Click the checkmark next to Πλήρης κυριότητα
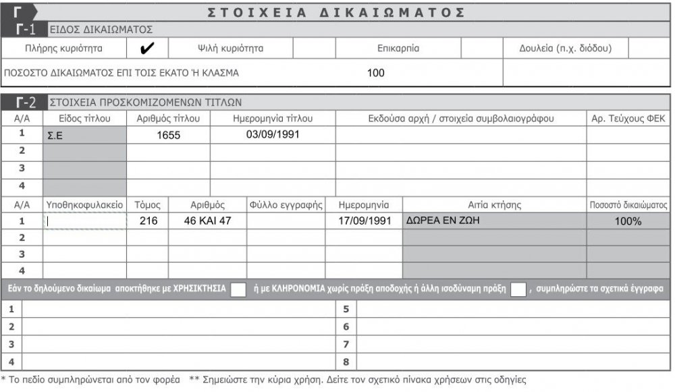[147, 49]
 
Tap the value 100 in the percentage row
[376, 73]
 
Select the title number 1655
[169, 135]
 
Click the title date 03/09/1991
[273, 134]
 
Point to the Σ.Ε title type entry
[55, 135]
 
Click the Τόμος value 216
[148, 221]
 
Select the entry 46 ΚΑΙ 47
[207, 221]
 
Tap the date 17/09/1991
[364, 221]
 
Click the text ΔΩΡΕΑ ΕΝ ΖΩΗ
[443, 220]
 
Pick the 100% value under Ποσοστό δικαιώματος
[628, 221]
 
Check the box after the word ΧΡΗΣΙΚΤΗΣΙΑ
[238, 289]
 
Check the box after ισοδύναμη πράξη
[518, 289]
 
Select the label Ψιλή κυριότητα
[230, 49]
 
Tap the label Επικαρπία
[398, 49]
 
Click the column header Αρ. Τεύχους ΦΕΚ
[628, 119]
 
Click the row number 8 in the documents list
[346, 361]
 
